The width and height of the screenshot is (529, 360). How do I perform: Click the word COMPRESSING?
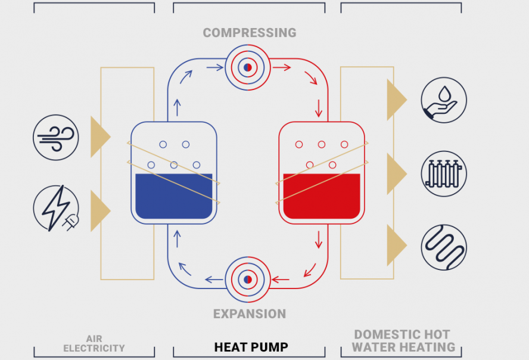coord(249,33)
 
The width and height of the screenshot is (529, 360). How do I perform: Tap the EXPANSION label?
coord(250,314)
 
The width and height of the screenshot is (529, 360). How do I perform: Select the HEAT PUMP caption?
coord(251,347)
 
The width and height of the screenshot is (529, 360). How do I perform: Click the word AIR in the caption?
coord(94,339)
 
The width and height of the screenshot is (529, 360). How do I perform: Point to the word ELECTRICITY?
coord(94,348)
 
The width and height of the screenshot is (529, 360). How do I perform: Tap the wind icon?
coord(56,137)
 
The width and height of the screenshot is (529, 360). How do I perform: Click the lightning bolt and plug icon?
coord(56,208)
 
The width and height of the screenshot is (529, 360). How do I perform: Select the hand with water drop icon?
coord(444,100)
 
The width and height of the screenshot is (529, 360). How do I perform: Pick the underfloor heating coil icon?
coord(444,247)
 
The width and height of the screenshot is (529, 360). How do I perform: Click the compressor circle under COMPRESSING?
coord(248,67)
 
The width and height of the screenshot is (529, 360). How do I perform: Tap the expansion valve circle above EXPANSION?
coord(248,279)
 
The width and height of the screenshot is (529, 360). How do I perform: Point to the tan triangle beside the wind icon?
coord(99,137)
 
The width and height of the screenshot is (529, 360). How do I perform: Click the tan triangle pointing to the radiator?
coord(395,173)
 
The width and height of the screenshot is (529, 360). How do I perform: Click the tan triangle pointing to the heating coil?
coord(395,245)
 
